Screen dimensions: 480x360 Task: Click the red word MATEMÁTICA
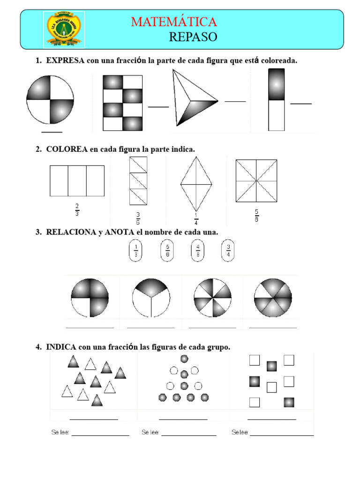pyautogui.click(x=174, y=22)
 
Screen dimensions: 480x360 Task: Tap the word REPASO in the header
pyautogui.click(x=193, y=37)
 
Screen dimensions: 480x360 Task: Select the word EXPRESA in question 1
pyautogui.click(x=65, y=60)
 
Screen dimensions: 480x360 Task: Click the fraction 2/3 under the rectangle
pyautogui.click(x=77, y=210)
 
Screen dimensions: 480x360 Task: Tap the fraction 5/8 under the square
pyautogui.click(x=256, y=216)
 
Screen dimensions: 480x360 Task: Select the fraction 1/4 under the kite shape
pyautogui.click(x=196, y=219)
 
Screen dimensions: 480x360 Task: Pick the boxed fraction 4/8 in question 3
pyautogui.click(x=198, y=251)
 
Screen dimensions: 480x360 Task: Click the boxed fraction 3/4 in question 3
pyautogui.click(x=228, y=251)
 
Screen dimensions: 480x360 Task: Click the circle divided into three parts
pyautogui.click(x=151, y=298)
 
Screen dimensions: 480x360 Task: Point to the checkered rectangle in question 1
pyautogui.click(x=122, y=103)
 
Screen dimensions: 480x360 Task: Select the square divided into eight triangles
pyautogui.click(x=256, y=180)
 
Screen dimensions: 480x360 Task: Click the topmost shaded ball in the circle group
pyautogui.click(x=184, y=359)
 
